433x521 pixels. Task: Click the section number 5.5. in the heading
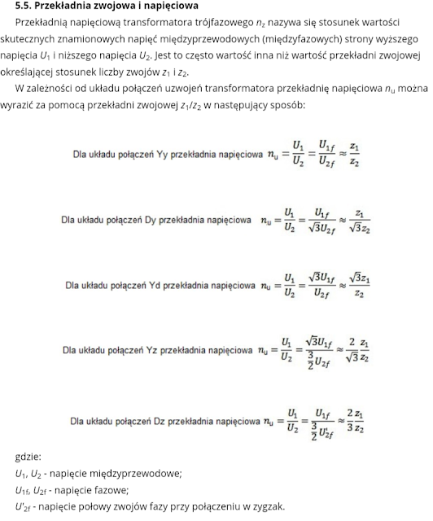(x=24, y=6)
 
